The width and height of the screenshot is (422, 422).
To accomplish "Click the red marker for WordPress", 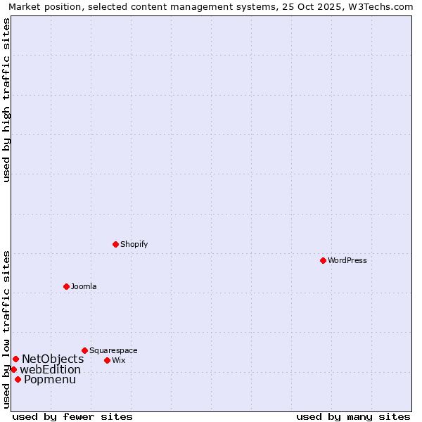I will [x=323, y=260].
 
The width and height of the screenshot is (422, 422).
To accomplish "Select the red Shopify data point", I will [x=115, y=244].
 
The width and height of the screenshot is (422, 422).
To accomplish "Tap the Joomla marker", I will [x=66, y=286].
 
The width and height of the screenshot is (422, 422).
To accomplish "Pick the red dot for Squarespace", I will [x=84, y=350].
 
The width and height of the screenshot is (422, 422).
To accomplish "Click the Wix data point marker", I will [x=107, y=360].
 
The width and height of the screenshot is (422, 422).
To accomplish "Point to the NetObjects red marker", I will [x=15, y=359].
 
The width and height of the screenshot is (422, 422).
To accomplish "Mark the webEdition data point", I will [x=13, y=369].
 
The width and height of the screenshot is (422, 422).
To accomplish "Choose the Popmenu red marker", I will [x=18, y=379].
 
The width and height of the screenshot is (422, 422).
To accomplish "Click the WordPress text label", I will [x=347, y=260].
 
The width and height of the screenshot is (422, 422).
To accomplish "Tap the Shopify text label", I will [x=134, y=244].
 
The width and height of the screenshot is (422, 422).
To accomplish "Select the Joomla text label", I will [x=84, y=286].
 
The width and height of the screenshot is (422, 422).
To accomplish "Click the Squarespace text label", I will [x=113, y=350].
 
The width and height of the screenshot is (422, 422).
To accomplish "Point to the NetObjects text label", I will [x=53, y=359].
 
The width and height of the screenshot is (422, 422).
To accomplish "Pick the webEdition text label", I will [x=50, y=370].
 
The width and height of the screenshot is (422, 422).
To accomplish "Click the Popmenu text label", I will [x=50, y=380].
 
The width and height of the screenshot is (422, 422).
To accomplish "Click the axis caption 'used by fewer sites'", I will [x=72, y=416].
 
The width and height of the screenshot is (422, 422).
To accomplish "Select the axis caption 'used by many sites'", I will [x=353, y=416].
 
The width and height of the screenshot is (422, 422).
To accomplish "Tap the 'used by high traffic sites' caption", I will [x=6, y=100].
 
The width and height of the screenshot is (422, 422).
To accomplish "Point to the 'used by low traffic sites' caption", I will [x=6, y=329].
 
